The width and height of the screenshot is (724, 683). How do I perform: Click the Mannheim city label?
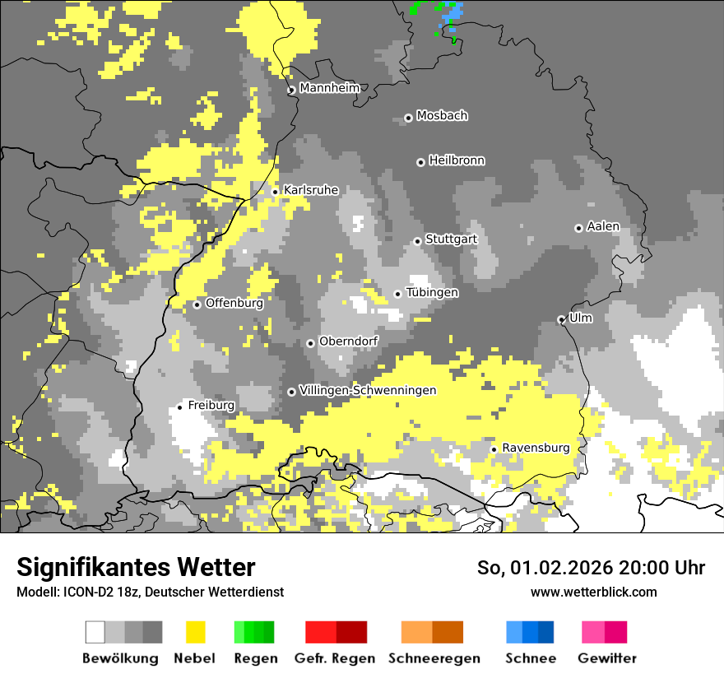(329, 88)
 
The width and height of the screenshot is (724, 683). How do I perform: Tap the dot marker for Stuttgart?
(417, 241)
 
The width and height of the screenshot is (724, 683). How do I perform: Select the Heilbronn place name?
(457, 160)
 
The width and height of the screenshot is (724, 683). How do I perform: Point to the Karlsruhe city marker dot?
(276, 192)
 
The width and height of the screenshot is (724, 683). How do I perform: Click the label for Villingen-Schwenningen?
(368, 390)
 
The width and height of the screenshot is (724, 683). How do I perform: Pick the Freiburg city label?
(211, 405)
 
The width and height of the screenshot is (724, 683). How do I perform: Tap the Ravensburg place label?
(536, 448)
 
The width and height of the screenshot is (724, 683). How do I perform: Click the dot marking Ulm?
(561, 319)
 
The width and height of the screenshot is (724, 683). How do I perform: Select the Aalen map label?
(603, 226)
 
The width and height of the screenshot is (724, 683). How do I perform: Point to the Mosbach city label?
(442, 116)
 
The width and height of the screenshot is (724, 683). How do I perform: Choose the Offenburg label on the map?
(234, 303)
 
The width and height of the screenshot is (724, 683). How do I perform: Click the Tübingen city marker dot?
(398, 294)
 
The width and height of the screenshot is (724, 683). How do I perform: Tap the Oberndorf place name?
(348, 341)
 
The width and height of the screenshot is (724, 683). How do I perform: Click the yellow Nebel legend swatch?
(195, 632)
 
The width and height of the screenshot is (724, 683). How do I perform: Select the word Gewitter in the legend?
(606, 658)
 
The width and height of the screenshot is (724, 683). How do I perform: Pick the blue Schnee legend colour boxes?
(529, 632)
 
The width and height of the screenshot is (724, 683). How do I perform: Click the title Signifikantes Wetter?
(136, 567)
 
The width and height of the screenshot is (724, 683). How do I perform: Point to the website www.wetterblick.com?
(593, 592)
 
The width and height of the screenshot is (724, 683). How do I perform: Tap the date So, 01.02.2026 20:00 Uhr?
(591, 568)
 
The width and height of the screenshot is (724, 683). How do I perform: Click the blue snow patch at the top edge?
(452, 13)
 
